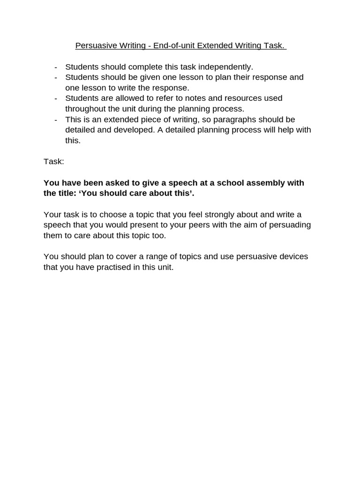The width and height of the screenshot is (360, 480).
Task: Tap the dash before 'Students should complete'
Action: pos(56,67)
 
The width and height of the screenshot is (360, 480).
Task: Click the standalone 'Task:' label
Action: pos(53,161)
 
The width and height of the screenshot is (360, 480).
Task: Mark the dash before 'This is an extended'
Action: pos(56,119)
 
